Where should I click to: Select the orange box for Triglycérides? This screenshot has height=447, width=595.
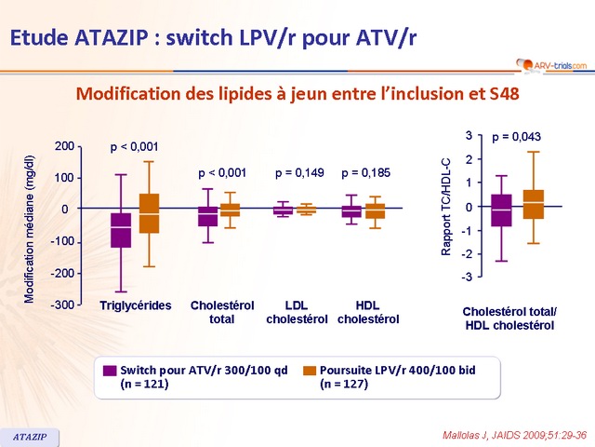coord(149,213)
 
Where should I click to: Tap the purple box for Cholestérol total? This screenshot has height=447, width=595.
coord(208,216)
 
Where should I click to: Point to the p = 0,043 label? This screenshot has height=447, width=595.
coord(516,137)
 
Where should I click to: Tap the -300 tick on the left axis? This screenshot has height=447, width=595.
coord(63,305)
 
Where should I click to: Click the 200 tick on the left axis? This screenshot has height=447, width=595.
coord(65,146)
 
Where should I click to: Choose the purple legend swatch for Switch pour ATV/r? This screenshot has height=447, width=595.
coord(110,371)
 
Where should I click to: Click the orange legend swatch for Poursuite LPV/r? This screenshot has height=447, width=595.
coord(310,371)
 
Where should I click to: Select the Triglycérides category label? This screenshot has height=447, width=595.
coord(135,305)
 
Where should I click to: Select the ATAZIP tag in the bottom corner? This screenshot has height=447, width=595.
coord(31,435)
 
